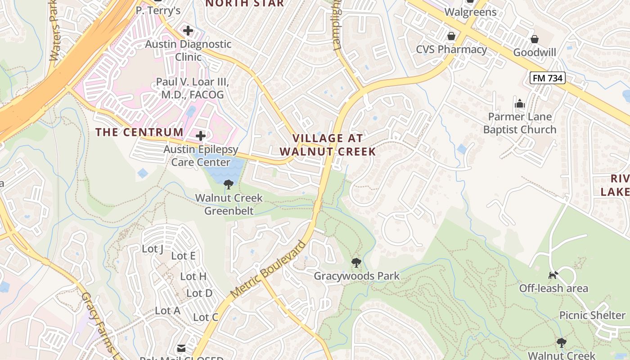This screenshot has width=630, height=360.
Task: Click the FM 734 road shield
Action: pyautogui.click(x=547, y=78)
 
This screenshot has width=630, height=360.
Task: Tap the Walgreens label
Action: pyautogui.click(x=470, y=12)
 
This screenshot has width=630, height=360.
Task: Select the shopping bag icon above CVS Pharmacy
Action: pyautogui.click(x=451, y=36)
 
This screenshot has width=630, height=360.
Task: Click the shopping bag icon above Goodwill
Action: pyautogui.click(x=534, y=39)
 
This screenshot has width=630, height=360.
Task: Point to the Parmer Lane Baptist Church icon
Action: pyautogui.click(x=520, y=104)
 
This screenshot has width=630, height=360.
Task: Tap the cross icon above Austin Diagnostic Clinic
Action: pyautogui.click(x=188, y=31)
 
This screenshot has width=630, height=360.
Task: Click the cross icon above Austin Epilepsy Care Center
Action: pyautogui.click(x=201, y=135)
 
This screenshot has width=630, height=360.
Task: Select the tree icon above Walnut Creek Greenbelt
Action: pyautogui.click(x=229, y=184)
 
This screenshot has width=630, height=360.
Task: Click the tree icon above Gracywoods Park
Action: pyautogui.click(x=356, y=262)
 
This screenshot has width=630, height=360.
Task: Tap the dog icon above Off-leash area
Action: pyautogui.click(x=553, y=274)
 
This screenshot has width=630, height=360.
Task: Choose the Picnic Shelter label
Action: pyautogui.click(x=592, y=315)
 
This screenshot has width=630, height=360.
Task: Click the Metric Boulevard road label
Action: pyautogui.click(x=268, y=270)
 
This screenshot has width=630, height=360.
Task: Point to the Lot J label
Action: pyautogui.click(x=152, y=249)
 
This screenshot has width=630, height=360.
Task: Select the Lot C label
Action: pyautogui.click(x=206, y=317)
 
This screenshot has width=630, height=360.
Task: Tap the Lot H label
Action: pyautogui.click(x=193, y=276)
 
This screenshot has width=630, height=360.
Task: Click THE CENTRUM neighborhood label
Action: pyautogui.click(x=139, y=132)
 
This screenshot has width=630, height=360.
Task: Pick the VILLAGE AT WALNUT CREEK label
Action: pyautogui.click(x=328, y=145)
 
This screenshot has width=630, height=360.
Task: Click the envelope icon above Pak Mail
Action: pyautogui.click(x=181, y=348)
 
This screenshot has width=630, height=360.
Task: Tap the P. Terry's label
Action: pyautogui.click(x=158, y=10)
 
